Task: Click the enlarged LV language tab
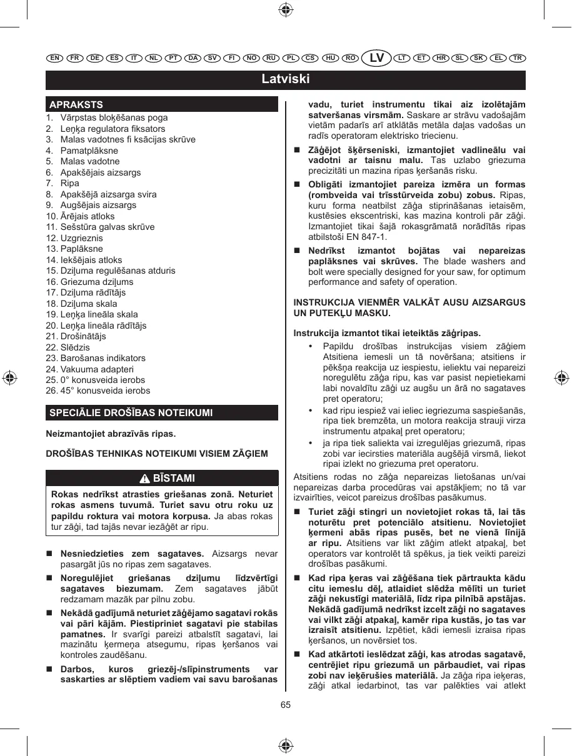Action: tap(377, 58)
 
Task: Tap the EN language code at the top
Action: tap(55, 58)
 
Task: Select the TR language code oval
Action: tap(517, 58)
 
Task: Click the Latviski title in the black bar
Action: tap(286, 79)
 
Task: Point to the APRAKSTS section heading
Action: tap(76, 104)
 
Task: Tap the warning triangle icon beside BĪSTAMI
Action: tap(144, 479)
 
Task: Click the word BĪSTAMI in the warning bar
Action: tap(174, 479)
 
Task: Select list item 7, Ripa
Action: tap(69, 183)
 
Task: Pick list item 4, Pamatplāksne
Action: tap(89, 151)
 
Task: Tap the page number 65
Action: tap(286, 705)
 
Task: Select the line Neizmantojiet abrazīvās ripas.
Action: tap(111, 434)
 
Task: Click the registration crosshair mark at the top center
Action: tap(285, 9)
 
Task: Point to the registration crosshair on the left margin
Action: tap(9, 378)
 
